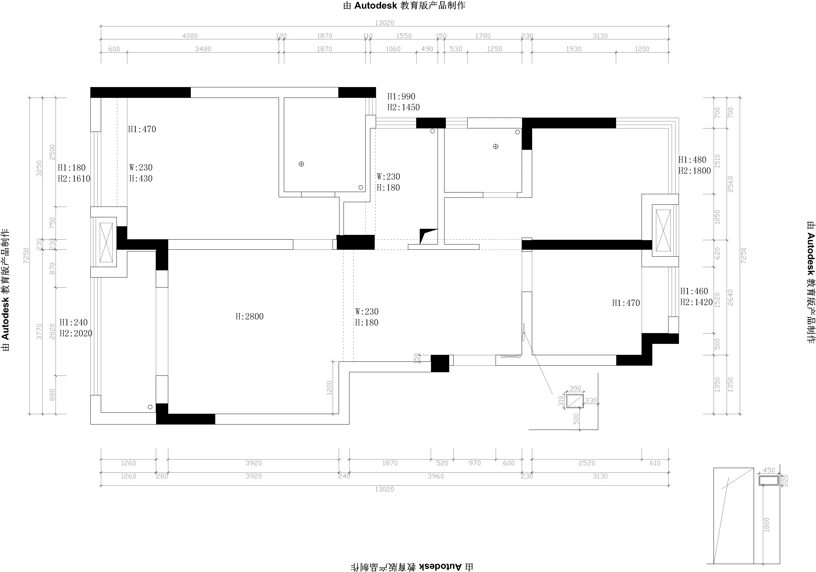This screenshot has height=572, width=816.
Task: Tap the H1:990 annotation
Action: [401, 96]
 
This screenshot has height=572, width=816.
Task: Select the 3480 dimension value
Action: [203, 49]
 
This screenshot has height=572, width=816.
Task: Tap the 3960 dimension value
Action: [436, 476]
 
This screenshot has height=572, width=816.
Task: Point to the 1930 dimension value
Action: [574, 49]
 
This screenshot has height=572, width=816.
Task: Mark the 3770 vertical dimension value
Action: [39, 332]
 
